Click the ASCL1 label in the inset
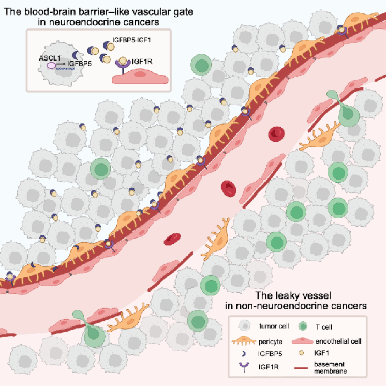tap(50, 58)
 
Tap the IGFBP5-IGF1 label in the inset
tap(131, 40)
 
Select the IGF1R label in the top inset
tap(142, 62)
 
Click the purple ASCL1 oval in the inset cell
tap(51, 66)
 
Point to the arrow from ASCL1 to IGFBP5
tap(61, 65)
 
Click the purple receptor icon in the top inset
tap(123, 67)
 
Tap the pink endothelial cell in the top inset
tap(140, 77)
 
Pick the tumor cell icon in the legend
tap(245, 326)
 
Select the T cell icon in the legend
tap(303, 326)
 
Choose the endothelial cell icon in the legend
tap(302, 341)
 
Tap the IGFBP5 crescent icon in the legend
tap(244, 354)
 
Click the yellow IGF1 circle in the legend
tap(301, 353)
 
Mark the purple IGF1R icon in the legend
tap(244, 367)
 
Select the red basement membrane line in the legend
tap(301, 368)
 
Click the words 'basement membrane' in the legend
tap(331, 367)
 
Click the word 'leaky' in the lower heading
tap(288, 295)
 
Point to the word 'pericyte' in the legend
tap(271, 342)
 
